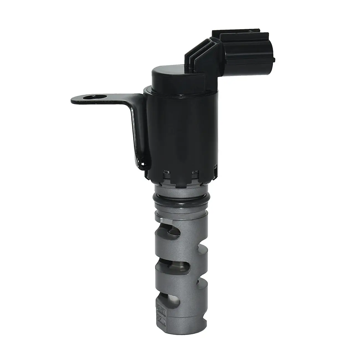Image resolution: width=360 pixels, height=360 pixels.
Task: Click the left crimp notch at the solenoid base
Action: coord(166,173)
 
